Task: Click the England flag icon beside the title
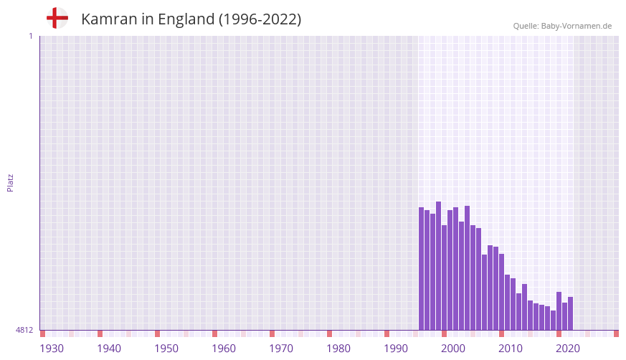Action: click(x=57, y=19)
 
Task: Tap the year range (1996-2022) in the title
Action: click(x=260, y=19)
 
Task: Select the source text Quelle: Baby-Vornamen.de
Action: click(x=562, y=26)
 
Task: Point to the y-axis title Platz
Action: click(x=10, y=182)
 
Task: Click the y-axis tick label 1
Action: click(x=30, y=36)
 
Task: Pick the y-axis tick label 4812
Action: click(x=24, y=330)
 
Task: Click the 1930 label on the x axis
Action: click(x=52, y=349)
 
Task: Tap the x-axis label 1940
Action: click(x=109, y=349)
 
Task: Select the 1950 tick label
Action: click(x=166, y=349)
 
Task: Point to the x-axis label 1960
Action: click(x=224, y=349)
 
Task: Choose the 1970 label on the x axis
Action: click(x=281, y=349)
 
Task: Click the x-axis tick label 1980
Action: click(x=338, y=349)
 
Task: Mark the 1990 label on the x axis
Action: click(x=396, y=349)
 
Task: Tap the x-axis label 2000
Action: click(x=453, y=349)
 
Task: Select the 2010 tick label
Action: click(x=511, y=349)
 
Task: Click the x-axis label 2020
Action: click(x=568, y=349)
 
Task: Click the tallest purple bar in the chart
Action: click(x=439, y=265)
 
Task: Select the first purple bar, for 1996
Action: click(x=422, y=269)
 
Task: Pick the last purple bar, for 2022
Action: click(x=571, y=313)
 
